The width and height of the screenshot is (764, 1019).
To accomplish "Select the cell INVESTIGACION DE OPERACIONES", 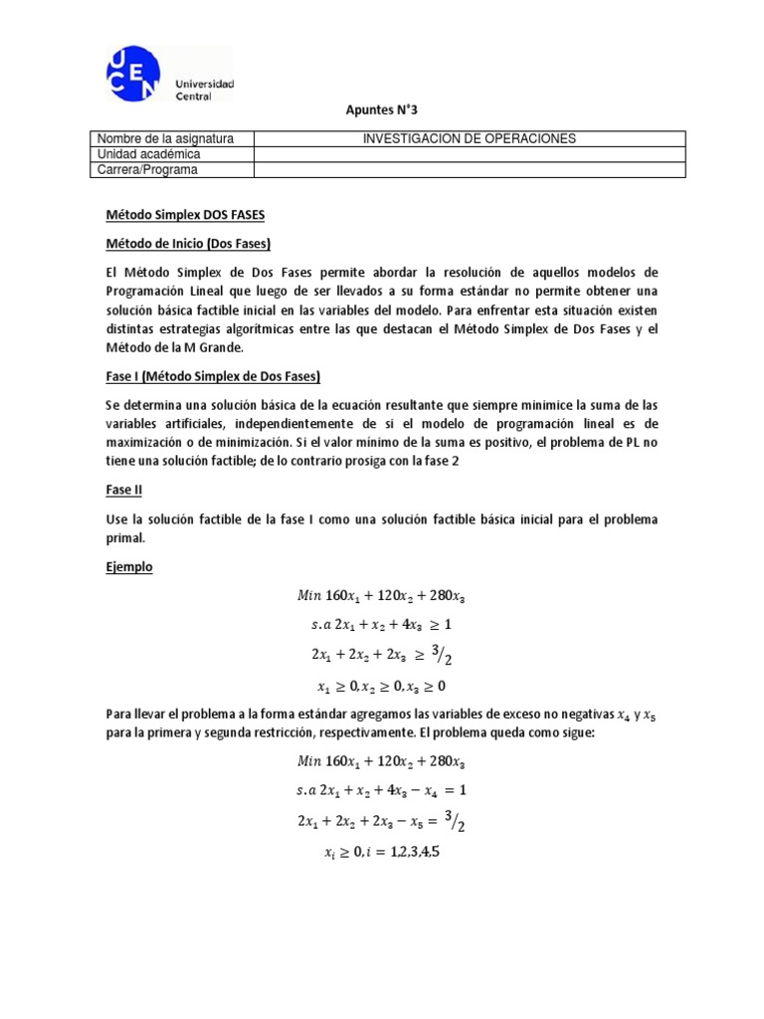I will tap(470, 138).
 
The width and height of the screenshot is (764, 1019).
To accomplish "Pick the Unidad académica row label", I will tap(148, 154).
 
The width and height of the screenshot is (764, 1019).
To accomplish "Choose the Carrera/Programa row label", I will tap(147, 170).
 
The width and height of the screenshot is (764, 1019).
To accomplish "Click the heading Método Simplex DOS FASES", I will tap(186, 215).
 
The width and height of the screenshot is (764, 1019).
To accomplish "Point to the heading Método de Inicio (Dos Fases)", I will tap(188, 244).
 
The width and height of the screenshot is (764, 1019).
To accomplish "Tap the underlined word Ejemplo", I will tap(129, 566).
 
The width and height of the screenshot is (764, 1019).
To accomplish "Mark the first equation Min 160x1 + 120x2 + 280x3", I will tap(381, 596).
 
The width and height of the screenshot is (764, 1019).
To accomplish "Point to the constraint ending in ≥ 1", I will tap(381, 625).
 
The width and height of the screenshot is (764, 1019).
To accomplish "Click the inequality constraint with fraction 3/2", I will tap(381, 655).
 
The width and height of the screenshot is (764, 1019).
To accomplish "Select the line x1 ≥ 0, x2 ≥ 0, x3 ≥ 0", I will tap(381, 685).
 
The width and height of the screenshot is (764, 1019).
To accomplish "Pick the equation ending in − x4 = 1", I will tap(381, 791).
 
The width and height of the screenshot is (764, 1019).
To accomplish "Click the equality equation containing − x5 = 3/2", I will tap(381, 821).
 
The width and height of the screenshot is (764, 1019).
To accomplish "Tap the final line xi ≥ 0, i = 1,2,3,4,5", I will tap(381, 852).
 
